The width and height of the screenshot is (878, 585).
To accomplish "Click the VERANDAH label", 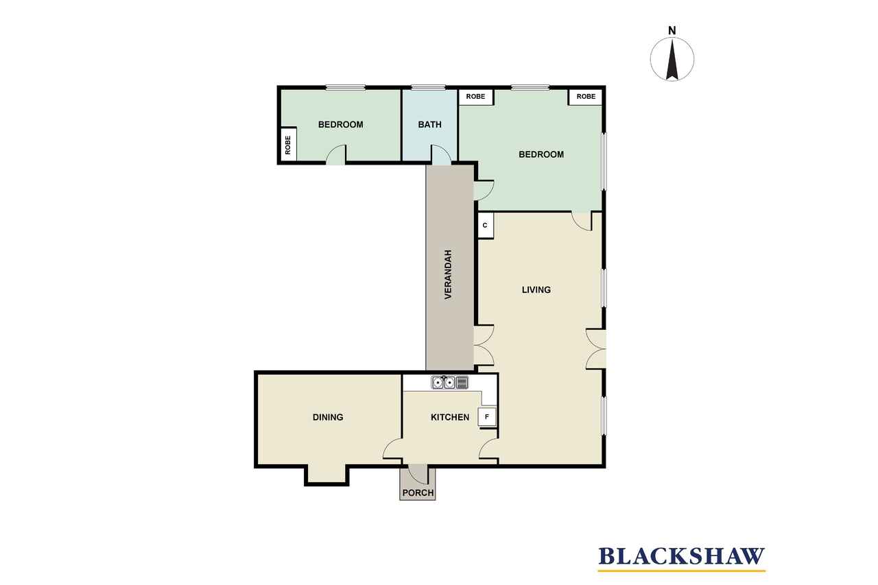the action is coord(448,275).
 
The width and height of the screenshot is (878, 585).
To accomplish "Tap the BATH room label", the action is coord(429,125).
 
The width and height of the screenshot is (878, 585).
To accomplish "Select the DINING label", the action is coord(328,417).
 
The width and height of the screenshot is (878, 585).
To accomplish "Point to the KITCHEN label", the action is coord(450,417).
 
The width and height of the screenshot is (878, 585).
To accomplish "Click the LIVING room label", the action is coord(536,289).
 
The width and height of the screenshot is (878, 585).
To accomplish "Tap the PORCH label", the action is coord(418,493).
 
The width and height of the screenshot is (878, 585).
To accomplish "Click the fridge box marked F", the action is coord(487,417).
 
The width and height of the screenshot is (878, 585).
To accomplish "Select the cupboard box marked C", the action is coord(485,226).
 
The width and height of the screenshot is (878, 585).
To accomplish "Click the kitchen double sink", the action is coord(444,382).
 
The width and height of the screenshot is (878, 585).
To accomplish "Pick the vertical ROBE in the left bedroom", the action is coord(288,145).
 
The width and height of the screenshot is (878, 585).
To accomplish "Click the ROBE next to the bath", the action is coord(475,97).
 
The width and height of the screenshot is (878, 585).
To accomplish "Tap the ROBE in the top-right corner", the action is coord(586,97).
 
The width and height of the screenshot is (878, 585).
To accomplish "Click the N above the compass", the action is coord(672,31).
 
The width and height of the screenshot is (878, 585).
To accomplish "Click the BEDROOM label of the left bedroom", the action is coord(341,125).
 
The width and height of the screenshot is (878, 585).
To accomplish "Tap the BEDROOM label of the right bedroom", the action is coord(541,154).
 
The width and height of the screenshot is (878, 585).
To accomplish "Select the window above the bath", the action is coord(428,87).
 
